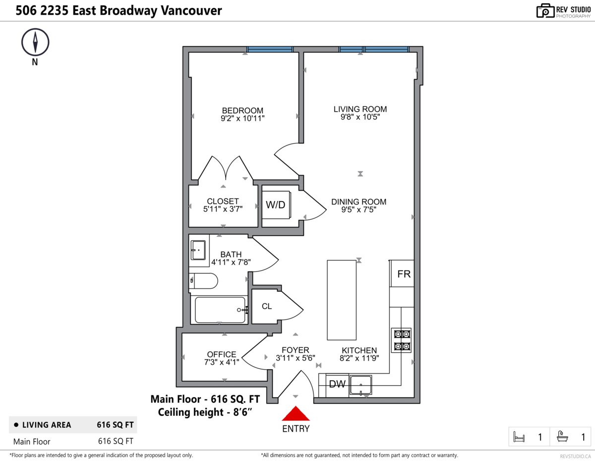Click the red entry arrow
296,414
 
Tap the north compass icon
35,42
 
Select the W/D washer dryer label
276,205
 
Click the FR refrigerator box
404,274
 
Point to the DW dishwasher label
337,384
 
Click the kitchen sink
361,385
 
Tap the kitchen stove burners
401,340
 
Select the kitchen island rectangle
341,300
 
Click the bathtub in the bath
220,310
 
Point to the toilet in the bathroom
204,281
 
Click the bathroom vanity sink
198,250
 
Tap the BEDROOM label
242,110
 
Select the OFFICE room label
222,354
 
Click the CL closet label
267,306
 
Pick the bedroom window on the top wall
270,49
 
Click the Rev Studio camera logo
545,11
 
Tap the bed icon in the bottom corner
519,437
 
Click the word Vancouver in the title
191,10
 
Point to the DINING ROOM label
358,202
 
